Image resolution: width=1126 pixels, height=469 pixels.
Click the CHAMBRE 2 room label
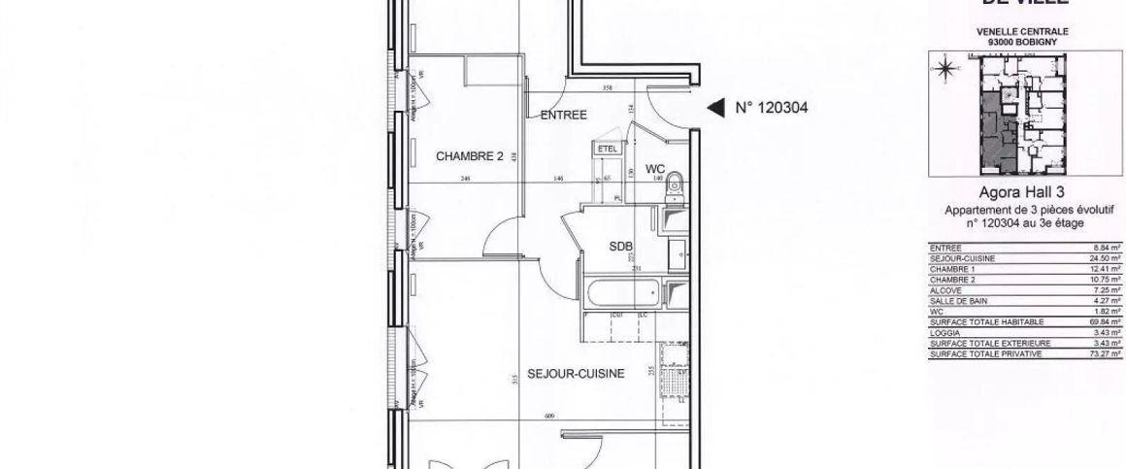[469, 156]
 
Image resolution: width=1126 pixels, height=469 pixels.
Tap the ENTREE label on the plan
[564, 115]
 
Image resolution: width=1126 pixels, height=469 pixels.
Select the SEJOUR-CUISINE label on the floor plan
[576, 373]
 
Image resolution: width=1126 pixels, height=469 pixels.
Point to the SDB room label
[620, 247]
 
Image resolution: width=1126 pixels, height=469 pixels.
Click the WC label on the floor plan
[655, 169]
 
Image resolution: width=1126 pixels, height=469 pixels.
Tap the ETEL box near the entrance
[609, 149]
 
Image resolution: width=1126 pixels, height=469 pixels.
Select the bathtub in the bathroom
[621, 292]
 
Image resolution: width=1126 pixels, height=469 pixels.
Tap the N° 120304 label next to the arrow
[771, 109]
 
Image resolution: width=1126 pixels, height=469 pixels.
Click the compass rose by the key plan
[944, 69]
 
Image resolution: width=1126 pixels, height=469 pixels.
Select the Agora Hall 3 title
[1022, 193]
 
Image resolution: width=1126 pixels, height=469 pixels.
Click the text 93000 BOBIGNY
[1022, 41]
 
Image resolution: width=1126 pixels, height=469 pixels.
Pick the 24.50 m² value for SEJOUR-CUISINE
[1107, 258]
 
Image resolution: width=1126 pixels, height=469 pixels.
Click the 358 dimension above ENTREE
[609, 88]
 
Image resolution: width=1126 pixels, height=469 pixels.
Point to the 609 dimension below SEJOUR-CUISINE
[550, 417]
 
